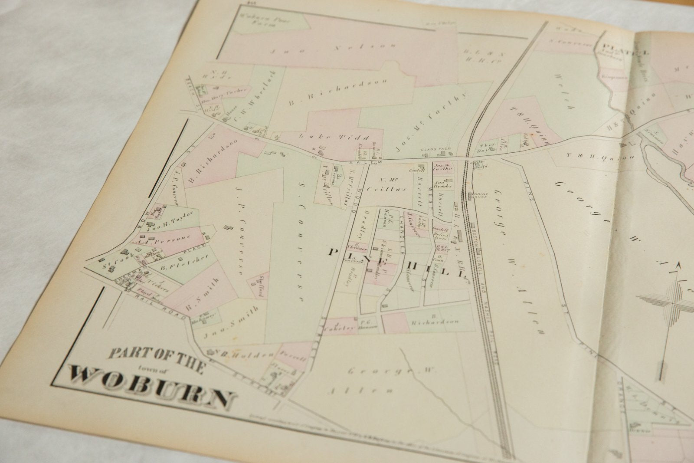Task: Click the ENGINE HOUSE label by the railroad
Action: click(480, 196)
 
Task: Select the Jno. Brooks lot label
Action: click(443, 184)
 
